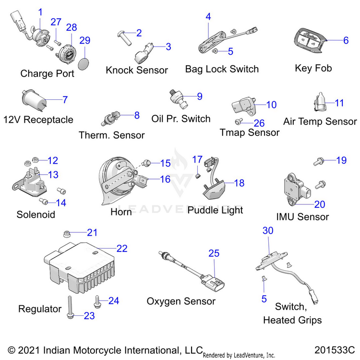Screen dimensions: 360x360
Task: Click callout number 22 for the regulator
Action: coord(122,248)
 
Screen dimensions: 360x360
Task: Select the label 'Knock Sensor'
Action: coord(137,70)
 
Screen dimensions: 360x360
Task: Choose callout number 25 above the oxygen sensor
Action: coord(214,253)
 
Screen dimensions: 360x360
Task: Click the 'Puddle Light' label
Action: coord(215,210)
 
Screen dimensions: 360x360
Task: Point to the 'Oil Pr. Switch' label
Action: coord(180,119)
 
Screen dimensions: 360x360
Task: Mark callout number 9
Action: coord(200,96)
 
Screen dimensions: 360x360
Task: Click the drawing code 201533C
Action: coord(335,349)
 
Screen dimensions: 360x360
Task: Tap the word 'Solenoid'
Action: coord(36,214)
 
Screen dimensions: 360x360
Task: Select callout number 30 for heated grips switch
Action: coord(268,230)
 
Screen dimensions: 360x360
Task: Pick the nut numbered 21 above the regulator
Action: coord(67,234)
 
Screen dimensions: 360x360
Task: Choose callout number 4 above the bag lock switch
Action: coord(208,16)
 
